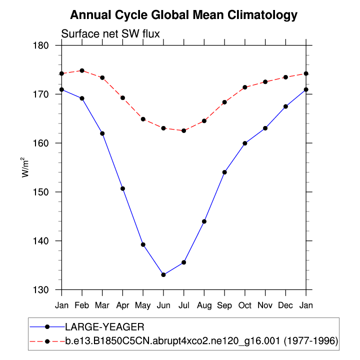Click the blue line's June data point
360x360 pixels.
pos(163,274)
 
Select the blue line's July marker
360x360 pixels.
pos(184,262)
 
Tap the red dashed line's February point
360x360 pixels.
pos(82,70)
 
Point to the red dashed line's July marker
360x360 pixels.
pos(184,130)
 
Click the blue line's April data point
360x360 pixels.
pos(122,188)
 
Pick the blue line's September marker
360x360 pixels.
pos(224,172)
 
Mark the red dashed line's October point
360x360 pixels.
pos(245,87)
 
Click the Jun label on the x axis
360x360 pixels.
pos(163,304)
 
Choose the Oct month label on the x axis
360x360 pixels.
pos(245,304)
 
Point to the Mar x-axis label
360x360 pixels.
pos(102,304)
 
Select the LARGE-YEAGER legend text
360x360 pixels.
pos(104,327)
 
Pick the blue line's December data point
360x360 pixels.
pos(285,106)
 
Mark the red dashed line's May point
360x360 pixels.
pos(143,119)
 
